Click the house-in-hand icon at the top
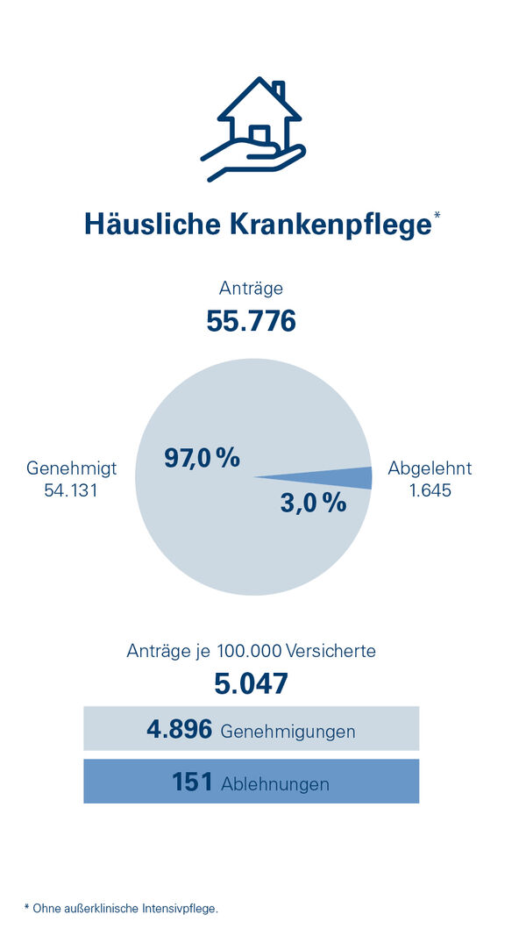(254, 130)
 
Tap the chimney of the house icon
(279, 90)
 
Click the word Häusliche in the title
(152, 225)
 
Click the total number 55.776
(252, 321)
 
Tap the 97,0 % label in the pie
(202, 457)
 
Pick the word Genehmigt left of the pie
(71, 468)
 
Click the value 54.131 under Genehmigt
(71, 490)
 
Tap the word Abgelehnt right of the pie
(430, 468)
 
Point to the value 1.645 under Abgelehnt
(430, 490)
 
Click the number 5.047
(252, 683)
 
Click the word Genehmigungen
(288, 732)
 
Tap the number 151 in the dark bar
(193, 782)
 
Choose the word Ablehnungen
(275, 784)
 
